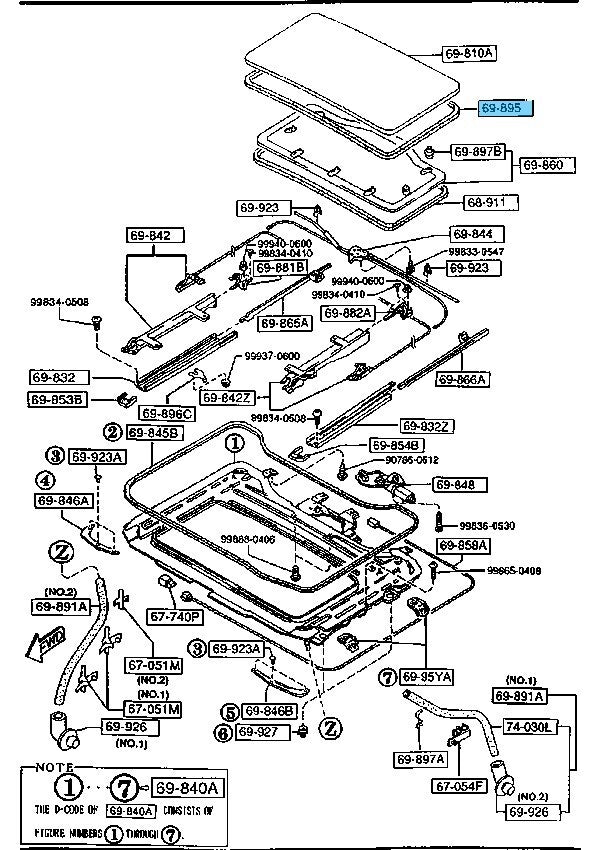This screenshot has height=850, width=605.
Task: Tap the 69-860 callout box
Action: pyautogui.click(x=546, y=164)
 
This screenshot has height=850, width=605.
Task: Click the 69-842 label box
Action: pyautogui.click(x=149, y=236)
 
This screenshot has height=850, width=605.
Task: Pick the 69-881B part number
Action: pyautogui.click(x=280, y=268)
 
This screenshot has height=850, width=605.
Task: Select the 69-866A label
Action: pyautogui.click(x=461, y=379)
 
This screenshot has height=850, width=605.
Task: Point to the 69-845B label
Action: pyautogui.click(x=154, y=433)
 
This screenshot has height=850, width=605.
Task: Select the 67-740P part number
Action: pyautogui.click(x=175, y=617)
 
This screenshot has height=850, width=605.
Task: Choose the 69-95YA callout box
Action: pyautogui.click(x=428, y=677)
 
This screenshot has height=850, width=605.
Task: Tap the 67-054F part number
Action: pyautogui.click(x=459, y=787)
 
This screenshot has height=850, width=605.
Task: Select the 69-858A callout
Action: pyautogui.click(x=462, y=545)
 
